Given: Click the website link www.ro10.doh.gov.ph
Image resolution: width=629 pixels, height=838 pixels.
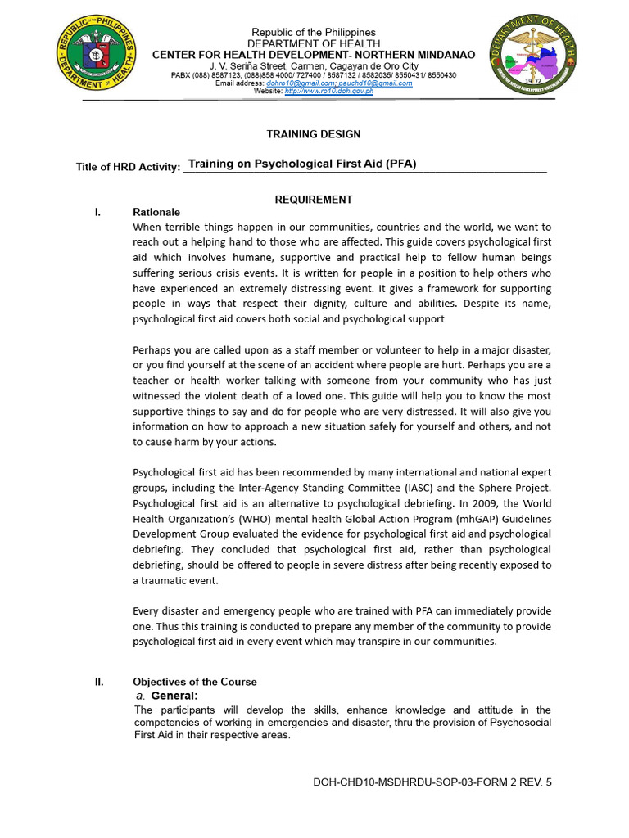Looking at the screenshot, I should [x=328, y=92].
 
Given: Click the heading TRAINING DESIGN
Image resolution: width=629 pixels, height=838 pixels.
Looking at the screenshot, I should [x=314, y=134].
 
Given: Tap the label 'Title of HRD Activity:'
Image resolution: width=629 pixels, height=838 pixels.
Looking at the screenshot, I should [x=128, y=167].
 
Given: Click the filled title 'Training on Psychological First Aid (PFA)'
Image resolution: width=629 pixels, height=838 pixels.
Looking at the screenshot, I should [x=302, y=164].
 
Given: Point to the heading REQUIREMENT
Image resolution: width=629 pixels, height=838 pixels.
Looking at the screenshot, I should [x=314, y=199].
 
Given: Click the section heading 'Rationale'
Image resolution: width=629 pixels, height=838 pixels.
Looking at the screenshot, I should [x=156, y=212].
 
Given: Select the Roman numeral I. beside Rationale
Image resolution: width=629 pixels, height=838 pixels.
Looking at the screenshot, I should [x=97, y=212].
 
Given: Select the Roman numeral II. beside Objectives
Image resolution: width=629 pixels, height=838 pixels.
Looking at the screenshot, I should [x=99, y=682].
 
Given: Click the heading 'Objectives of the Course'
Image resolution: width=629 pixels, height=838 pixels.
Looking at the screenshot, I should [x=195, y=682].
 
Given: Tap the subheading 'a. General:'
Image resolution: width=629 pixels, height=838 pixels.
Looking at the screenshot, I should [x=167, y=696].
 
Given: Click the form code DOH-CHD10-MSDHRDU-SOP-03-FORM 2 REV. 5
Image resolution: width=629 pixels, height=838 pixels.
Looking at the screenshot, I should [x=432, y=782].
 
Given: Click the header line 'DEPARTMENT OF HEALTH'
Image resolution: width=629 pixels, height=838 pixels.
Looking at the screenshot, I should [x=314, y=43].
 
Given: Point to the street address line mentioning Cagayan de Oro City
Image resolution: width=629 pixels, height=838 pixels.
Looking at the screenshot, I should [x=314, y=65].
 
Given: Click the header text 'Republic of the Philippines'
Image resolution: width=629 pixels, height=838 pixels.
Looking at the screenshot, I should [x=314, y=32].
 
